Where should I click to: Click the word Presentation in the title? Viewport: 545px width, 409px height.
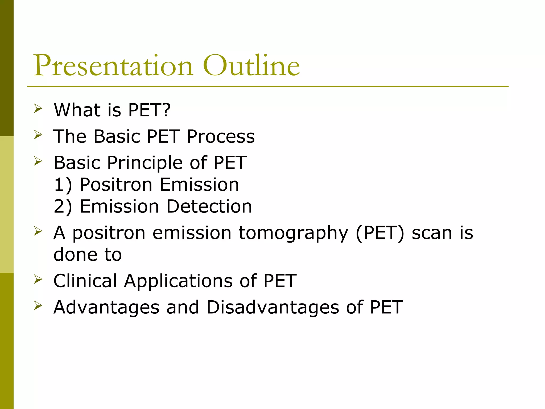[113, 66]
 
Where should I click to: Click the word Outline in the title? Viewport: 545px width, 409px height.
[251, 66]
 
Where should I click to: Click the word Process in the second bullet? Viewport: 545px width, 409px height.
[221, 136]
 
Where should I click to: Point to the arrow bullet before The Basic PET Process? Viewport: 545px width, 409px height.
[38, 135]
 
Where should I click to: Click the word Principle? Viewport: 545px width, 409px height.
[145, 163]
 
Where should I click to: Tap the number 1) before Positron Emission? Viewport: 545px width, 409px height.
[63, 185]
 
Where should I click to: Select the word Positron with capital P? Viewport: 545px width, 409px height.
[116, 185]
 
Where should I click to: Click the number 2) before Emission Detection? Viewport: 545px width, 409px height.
[63, 206]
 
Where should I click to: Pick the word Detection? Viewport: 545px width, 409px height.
[209, 206]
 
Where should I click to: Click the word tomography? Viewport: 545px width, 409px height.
[293, 233]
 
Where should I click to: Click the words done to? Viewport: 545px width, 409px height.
[88, 255]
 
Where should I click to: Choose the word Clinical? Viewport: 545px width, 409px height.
[85, 281]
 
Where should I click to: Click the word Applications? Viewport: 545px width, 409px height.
[178, 281]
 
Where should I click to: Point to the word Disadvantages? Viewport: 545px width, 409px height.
[272, 307]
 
